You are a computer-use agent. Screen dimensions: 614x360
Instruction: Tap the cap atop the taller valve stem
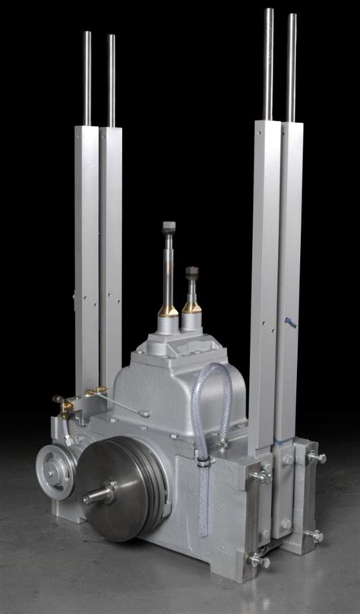point(169,226)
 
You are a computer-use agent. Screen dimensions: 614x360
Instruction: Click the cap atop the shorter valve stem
point(192,271)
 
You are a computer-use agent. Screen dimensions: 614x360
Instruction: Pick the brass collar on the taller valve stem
point(168,310)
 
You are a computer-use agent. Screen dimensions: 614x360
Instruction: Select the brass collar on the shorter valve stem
point(192,306)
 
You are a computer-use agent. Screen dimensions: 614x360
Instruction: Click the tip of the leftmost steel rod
point(87,34)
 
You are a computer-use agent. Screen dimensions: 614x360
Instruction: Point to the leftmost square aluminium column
point(87,258)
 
